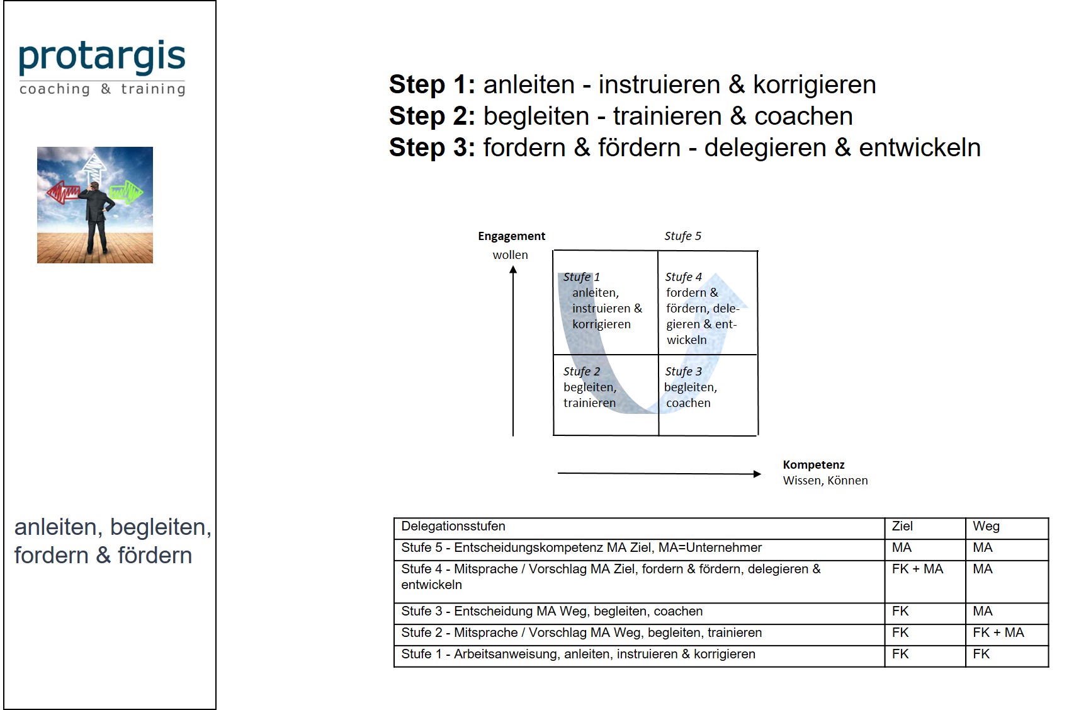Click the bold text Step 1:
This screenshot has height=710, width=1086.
pos(432,85)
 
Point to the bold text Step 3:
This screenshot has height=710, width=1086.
pos(432,148)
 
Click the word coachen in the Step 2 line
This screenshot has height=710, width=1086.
pos(803,117)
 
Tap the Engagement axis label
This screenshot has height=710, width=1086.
pos(511,236)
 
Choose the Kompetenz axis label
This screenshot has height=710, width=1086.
pos(813,465)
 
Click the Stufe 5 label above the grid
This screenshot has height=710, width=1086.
pos(682,236)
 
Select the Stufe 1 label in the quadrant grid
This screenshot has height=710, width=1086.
pos(581,277)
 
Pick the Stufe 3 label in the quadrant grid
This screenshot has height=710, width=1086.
pos(683,372)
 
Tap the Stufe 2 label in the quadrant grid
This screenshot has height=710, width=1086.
pos(581,372)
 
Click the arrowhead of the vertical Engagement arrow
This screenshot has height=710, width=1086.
pos(513,270)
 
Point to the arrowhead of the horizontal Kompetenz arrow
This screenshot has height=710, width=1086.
pos(757,474)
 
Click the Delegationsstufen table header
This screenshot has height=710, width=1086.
pos(453,527)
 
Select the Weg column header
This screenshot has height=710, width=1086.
pos(986,527)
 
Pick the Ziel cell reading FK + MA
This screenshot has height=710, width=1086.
pos(917,570)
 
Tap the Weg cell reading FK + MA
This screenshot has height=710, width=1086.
pos(998,633)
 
